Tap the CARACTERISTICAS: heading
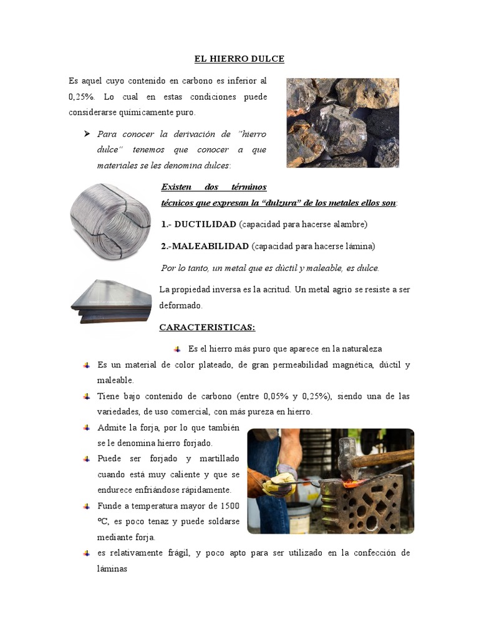coord(207,327)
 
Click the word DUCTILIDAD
coord(205,224)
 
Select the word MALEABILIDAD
coord(211,246)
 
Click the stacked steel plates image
coord(111,302)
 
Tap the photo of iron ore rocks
coord(342,123)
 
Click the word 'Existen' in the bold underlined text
coord(178,187)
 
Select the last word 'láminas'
coord(112,568)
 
